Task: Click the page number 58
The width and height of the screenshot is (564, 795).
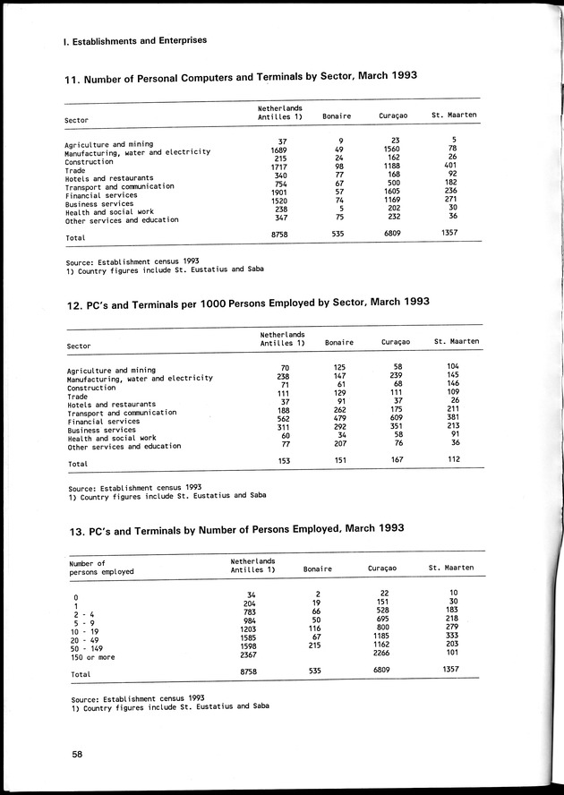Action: (78, 754)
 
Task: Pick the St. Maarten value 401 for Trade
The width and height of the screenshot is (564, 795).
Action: (455, 165)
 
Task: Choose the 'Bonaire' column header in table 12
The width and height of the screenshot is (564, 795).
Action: (339, 342)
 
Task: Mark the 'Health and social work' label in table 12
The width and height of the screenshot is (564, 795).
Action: (112, 437)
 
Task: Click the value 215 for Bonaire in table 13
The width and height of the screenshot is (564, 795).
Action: (312, 644)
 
